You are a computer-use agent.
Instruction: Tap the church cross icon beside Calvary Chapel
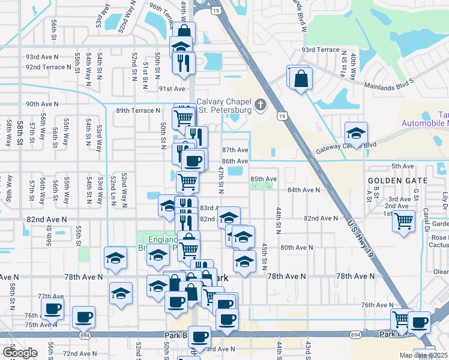coord(261,105)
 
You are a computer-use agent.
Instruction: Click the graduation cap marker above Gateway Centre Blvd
coord(356,134)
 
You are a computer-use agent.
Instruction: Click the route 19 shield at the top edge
coord(217,10)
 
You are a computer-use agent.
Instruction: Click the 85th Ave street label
coord(263,179)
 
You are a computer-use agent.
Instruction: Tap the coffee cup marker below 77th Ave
coord(52,310)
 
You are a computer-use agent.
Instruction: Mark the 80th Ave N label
coord(297,247)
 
